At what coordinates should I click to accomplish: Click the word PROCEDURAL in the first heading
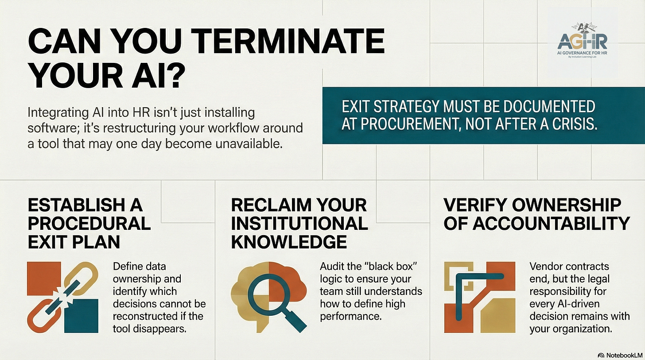pos(89,224)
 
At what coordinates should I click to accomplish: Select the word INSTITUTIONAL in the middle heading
pos(299,224)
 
